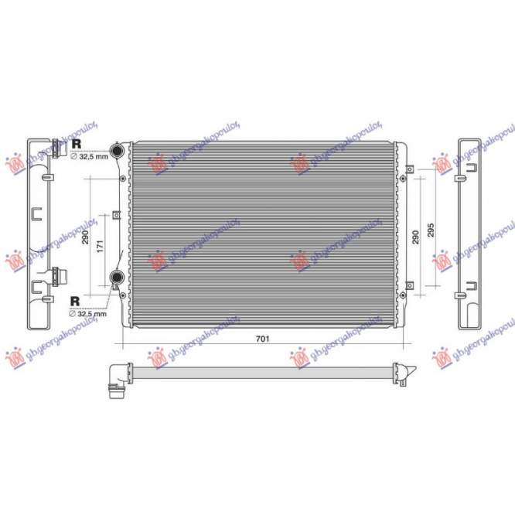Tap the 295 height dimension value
pyautogui.click(x=431, y=230)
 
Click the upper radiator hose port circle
pyautogui.click(x=118, y=151)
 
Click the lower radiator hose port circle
pyautogui.click(x=117, y=278)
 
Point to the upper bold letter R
pyautogui.click(x=76, y=144)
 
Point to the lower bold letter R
pyautogui.click(x=76, y=300)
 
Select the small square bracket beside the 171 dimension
pyautogui.click(x=114, y=215)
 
